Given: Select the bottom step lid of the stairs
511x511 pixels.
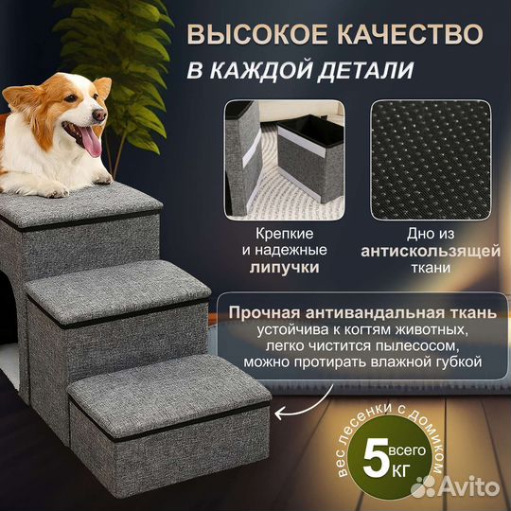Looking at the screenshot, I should click(x=170, y=387).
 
